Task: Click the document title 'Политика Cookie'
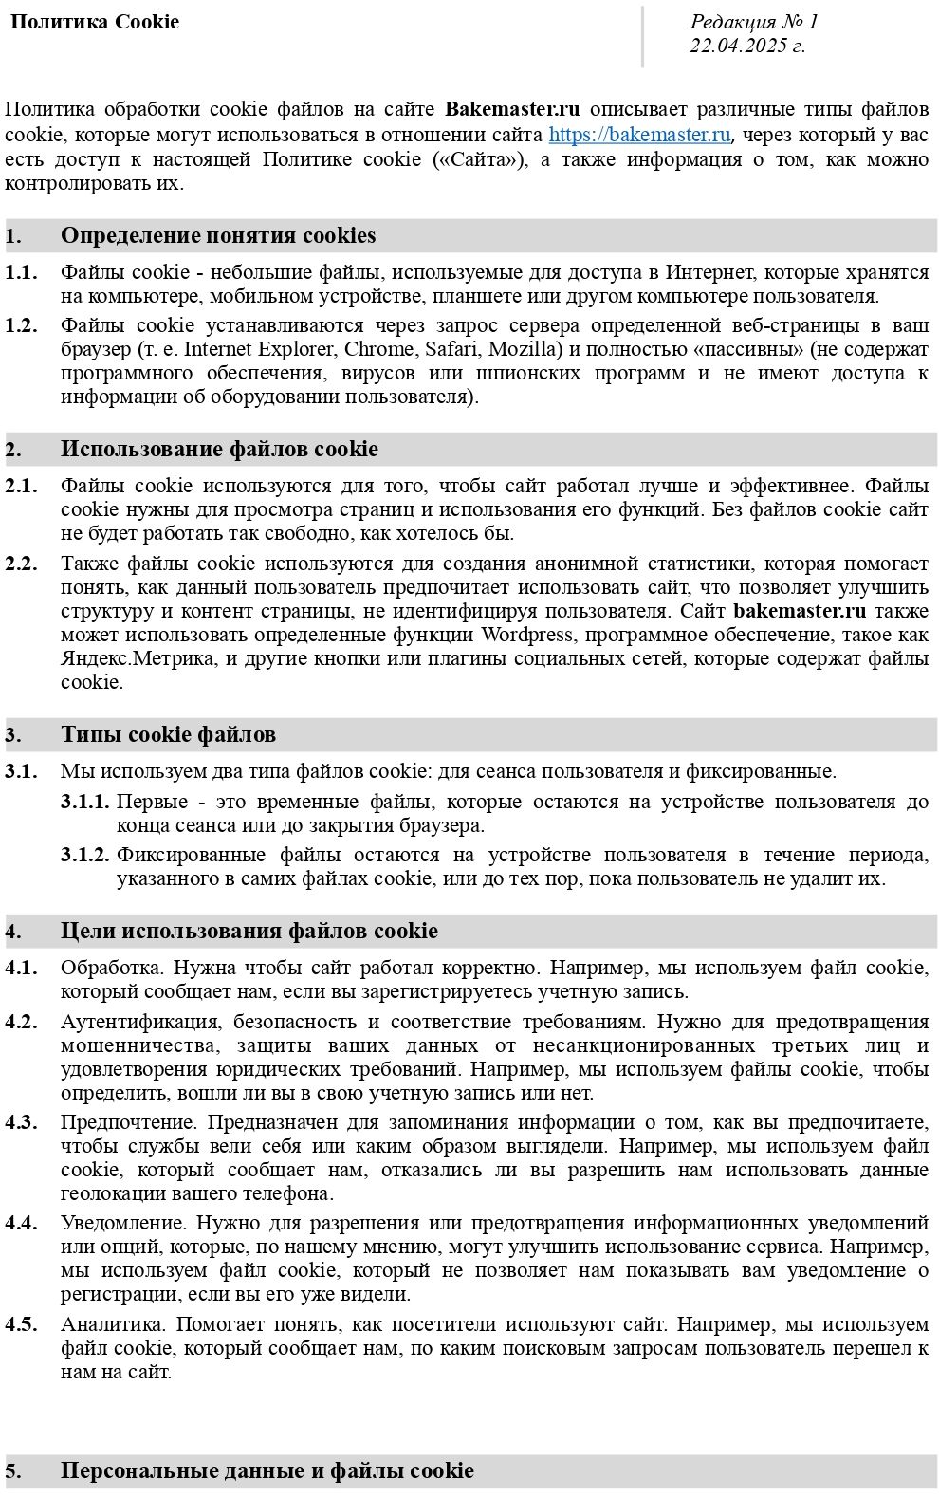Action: pyautogui.click(x=94, y=22)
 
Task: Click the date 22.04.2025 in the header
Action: pyautogui.click(x=746, y=46)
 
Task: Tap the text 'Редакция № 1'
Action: pyautogui.click(x=753, y=22)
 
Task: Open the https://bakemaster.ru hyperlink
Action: pyautogui.click(x=639, y=135)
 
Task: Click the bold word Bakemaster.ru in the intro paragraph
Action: pyautogui.click(x=512, y=110)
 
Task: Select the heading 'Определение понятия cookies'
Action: pyautogui.click(x=218, y=236)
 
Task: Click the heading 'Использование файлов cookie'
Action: pyautogui.click(x=219, y=450)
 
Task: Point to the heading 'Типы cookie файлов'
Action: pyautogui.click(x=168, y=735)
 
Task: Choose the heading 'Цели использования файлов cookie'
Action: pyautogui.click(x=249, y=932)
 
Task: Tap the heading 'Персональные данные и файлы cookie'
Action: pyautogui.click(x=267, y=1471)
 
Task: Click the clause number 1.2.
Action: pyautogui.click(x=21, y=325)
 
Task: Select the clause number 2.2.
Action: pyautogui.click(x=21, y=564)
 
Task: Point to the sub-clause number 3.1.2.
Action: pyautogui.click(x=85, y=855)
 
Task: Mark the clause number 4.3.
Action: pyautogui.click(x=21, y=1122)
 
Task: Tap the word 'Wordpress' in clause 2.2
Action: pyautogui.click(x=527, y=635)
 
